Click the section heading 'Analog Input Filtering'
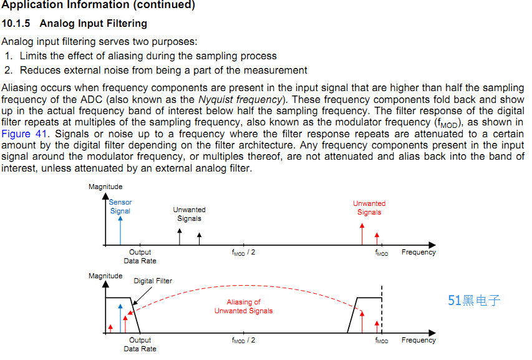coord(94,24)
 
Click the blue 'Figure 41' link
coord(24,134)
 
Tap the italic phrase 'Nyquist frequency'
coord(240,99)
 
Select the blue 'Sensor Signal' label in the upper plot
coord(120,207)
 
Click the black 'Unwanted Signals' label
coord(190,214)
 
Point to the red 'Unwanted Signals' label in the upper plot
coord(369,208)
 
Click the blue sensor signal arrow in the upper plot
coord(120,230)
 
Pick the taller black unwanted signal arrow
coord(180,236)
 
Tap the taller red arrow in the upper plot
coord(362,234)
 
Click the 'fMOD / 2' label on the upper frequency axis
coord(244,253)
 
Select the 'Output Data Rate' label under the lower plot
coord(140,344)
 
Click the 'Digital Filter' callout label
coord(153,281)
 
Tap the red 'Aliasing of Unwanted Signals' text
coord(244,306)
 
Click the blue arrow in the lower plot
coord(120,318)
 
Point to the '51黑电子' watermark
coord(474,301)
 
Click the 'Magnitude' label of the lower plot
coord(105,276)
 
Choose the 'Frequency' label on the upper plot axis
coord(418,252)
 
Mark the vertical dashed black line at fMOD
coord(382,309)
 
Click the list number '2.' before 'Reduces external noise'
coord(9,71)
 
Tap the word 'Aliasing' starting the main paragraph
coord(20,88)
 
